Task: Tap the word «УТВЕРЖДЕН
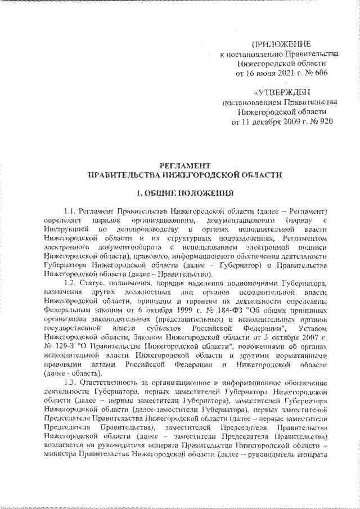(x=280, y=92)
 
